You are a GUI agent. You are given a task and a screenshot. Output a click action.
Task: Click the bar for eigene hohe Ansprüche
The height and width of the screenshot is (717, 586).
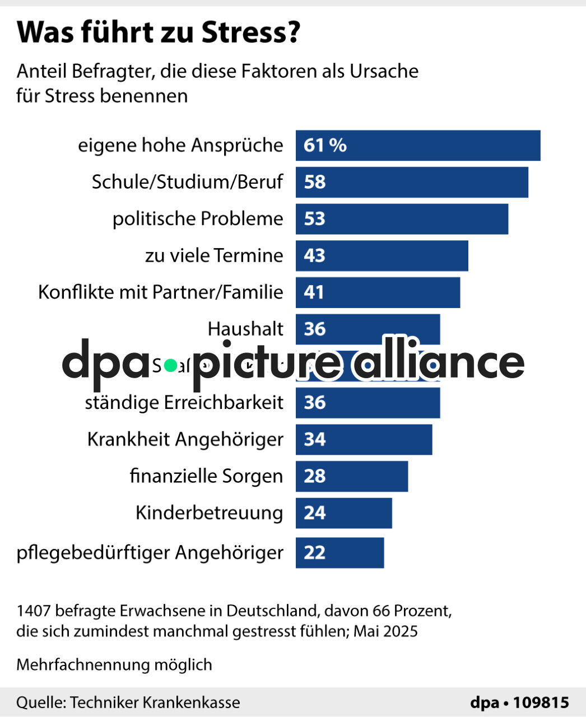pyautogui.click(x=418, y=146)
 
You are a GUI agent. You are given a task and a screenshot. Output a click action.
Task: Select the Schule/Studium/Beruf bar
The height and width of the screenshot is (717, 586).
pyautogui.click(x=412, y=182)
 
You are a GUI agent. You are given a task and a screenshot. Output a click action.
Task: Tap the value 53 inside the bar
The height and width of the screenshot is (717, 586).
pyautogui.click(x=314, y=219)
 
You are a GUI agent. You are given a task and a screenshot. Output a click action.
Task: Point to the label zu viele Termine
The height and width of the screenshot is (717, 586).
pyautogui.click(x=214, y=255)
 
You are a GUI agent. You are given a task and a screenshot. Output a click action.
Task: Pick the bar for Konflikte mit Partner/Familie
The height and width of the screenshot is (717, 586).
pyautogui.click(x=378, y=292)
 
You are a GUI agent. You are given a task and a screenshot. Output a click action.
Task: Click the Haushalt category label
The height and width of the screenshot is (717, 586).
pyautogui.click(x=245, y=329)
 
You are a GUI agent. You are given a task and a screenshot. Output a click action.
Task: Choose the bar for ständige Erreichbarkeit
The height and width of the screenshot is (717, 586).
pyautogui.click(x=368, y=403)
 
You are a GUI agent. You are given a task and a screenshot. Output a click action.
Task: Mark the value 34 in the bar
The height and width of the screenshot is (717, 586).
pyautogui.click(x=314, y=440)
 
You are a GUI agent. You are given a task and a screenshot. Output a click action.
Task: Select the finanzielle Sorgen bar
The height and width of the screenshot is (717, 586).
pyautogui.click(x=352, y=476)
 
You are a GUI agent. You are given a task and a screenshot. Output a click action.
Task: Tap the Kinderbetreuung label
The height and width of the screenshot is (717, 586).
pyautogui.click(x=209, y=513)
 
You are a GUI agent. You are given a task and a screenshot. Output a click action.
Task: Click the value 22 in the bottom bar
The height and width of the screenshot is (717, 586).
pyautogui.click(x=314, y=553)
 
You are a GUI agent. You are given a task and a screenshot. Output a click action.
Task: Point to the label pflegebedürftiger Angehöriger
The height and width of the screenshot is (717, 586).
pyautogui.click(x=150, y=553)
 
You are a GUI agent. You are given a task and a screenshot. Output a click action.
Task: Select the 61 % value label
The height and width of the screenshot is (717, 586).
pyautogui.click(x=325, y=146)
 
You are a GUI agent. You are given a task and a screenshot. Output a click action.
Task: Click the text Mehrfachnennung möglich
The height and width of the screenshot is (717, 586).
pyautogui.click(x=114, y=665)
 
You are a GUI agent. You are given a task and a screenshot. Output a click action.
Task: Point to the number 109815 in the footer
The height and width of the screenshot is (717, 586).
pyautogui.click(x=541, y=702)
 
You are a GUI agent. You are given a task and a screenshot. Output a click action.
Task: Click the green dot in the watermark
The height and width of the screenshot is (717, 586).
pyautogui.click(x=171, y=365)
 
